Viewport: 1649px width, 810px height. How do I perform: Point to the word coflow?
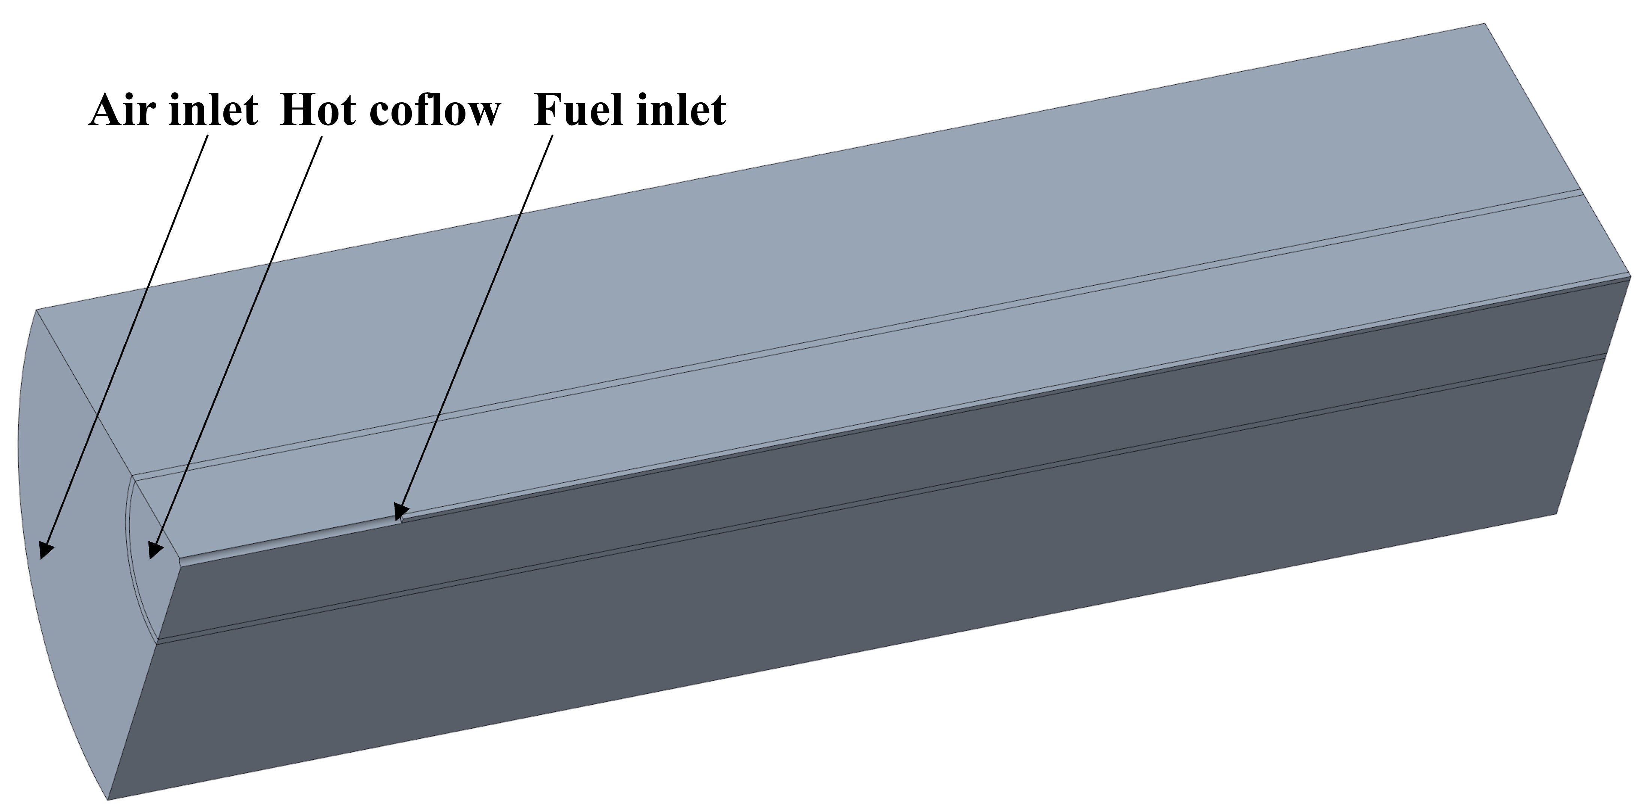[x=435, y=110]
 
